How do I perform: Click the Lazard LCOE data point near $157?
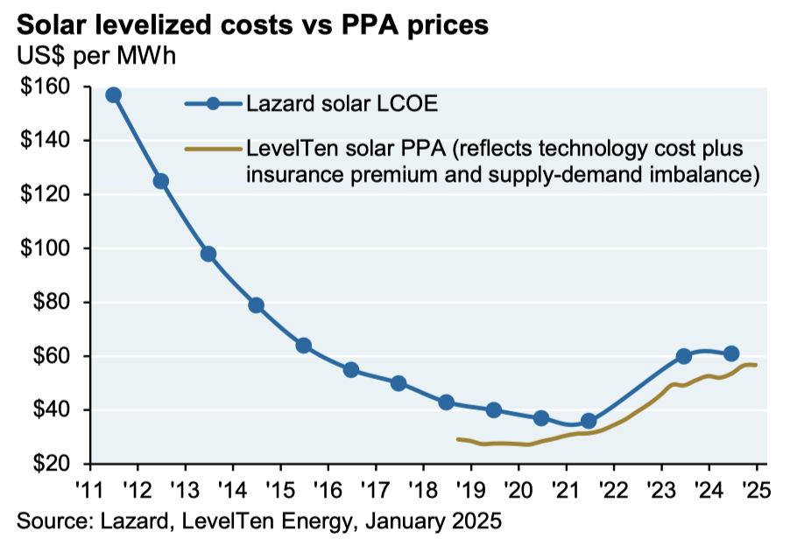pos(113,94)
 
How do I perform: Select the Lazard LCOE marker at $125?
pos(160,181)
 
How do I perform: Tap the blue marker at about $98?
pos(208,254)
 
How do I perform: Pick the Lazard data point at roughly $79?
pos(256,305)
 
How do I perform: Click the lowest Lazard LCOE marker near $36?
pos(589,421)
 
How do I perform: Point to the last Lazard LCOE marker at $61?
pos(731,353)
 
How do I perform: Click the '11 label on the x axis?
pos(89,486)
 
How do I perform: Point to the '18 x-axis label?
pos(422,486)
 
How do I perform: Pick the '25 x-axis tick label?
pos(755,486)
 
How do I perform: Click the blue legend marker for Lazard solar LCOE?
pos(213,104)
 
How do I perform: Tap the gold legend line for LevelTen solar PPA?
pos(213,149)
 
